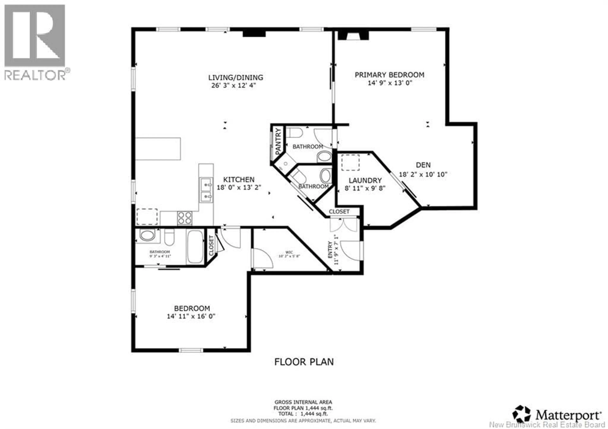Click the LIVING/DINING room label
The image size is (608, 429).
pyautogui.click(x=235, y=78)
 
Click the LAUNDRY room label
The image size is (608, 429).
pyautogui.click(x=365, y=181)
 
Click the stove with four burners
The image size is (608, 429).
pyautogui.click(x=185, y=218)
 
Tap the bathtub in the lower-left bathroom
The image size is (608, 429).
pyautogui.click(x=195, y=247)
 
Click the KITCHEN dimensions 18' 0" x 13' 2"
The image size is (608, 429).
pyautogui.click(x=239, y=187)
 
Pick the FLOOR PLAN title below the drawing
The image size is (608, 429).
pyautogui.click(x=304, y=362)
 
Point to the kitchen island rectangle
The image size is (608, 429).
pyautogui.click(x=158, y=149)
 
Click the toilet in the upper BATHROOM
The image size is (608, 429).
pyautogui.click(x=294, y=132)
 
